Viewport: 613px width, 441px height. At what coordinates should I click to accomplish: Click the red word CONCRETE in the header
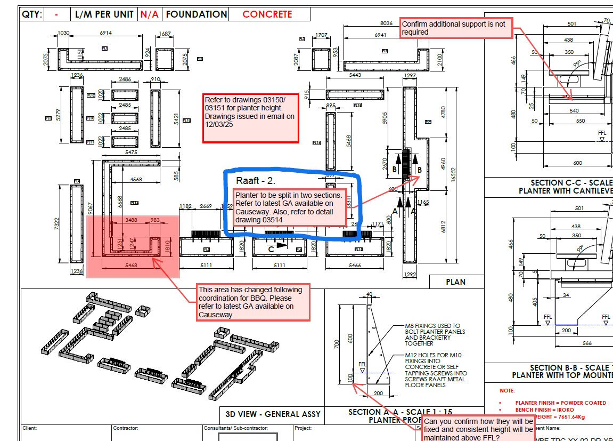coord(267,14)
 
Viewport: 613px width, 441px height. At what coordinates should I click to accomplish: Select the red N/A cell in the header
coord(150,14)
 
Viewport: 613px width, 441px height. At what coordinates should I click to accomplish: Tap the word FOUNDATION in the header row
coord(196,14)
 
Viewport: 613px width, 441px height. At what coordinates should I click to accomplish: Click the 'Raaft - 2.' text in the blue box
coord(255,181)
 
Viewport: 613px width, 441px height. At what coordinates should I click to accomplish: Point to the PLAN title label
coord(455,282)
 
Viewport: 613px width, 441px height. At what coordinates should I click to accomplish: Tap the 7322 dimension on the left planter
coord(56,223)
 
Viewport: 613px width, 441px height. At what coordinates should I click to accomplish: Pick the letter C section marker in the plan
coord(271,249)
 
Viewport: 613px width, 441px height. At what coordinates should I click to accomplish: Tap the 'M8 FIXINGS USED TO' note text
coord(432,326)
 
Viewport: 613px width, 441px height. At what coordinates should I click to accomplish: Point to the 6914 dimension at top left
coord(105,33)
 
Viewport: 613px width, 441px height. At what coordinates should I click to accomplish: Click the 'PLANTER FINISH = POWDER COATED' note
coord(560,403)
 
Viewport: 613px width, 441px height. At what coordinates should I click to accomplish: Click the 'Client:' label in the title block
coord(30,428)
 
